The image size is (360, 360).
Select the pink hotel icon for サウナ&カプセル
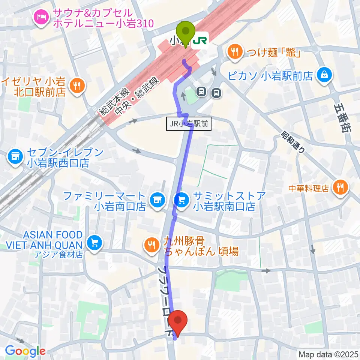(41, 16)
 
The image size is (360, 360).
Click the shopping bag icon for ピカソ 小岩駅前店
(323, 75)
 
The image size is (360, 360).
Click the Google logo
(25, 351)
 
